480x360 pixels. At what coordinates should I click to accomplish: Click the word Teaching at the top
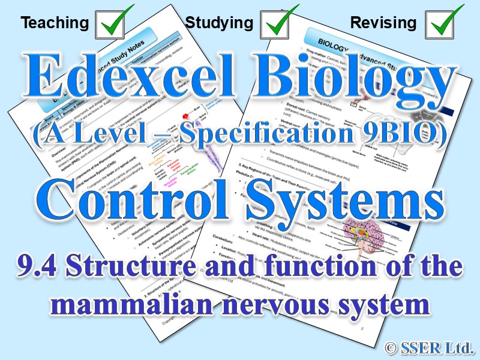click(55, 23)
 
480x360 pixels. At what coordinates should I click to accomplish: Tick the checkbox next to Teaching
click(114, 22)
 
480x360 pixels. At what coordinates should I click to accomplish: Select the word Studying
click(219, 23)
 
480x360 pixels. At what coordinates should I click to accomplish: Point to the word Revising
click(383, 23)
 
